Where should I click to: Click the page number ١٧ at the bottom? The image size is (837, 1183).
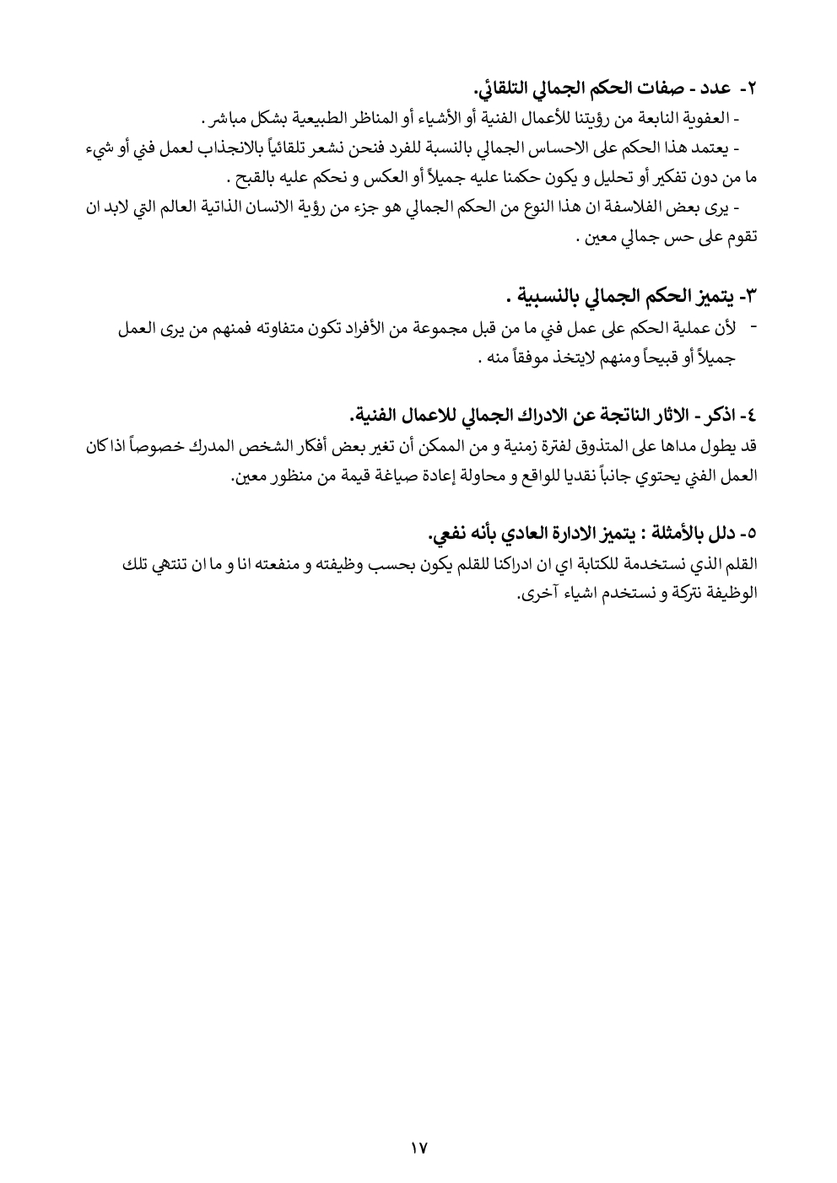click(418, 1148)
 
